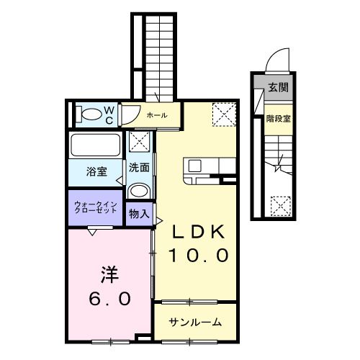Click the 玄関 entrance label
[277, 89]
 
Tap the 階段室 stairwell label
[277, 117]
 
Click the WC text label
[109, 114]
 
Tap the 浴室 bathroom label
[96, 171]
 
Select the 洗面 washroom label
[139, 168]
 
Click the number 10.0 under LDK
[198, 254]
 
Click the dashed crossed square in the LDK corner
[223, 113]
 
